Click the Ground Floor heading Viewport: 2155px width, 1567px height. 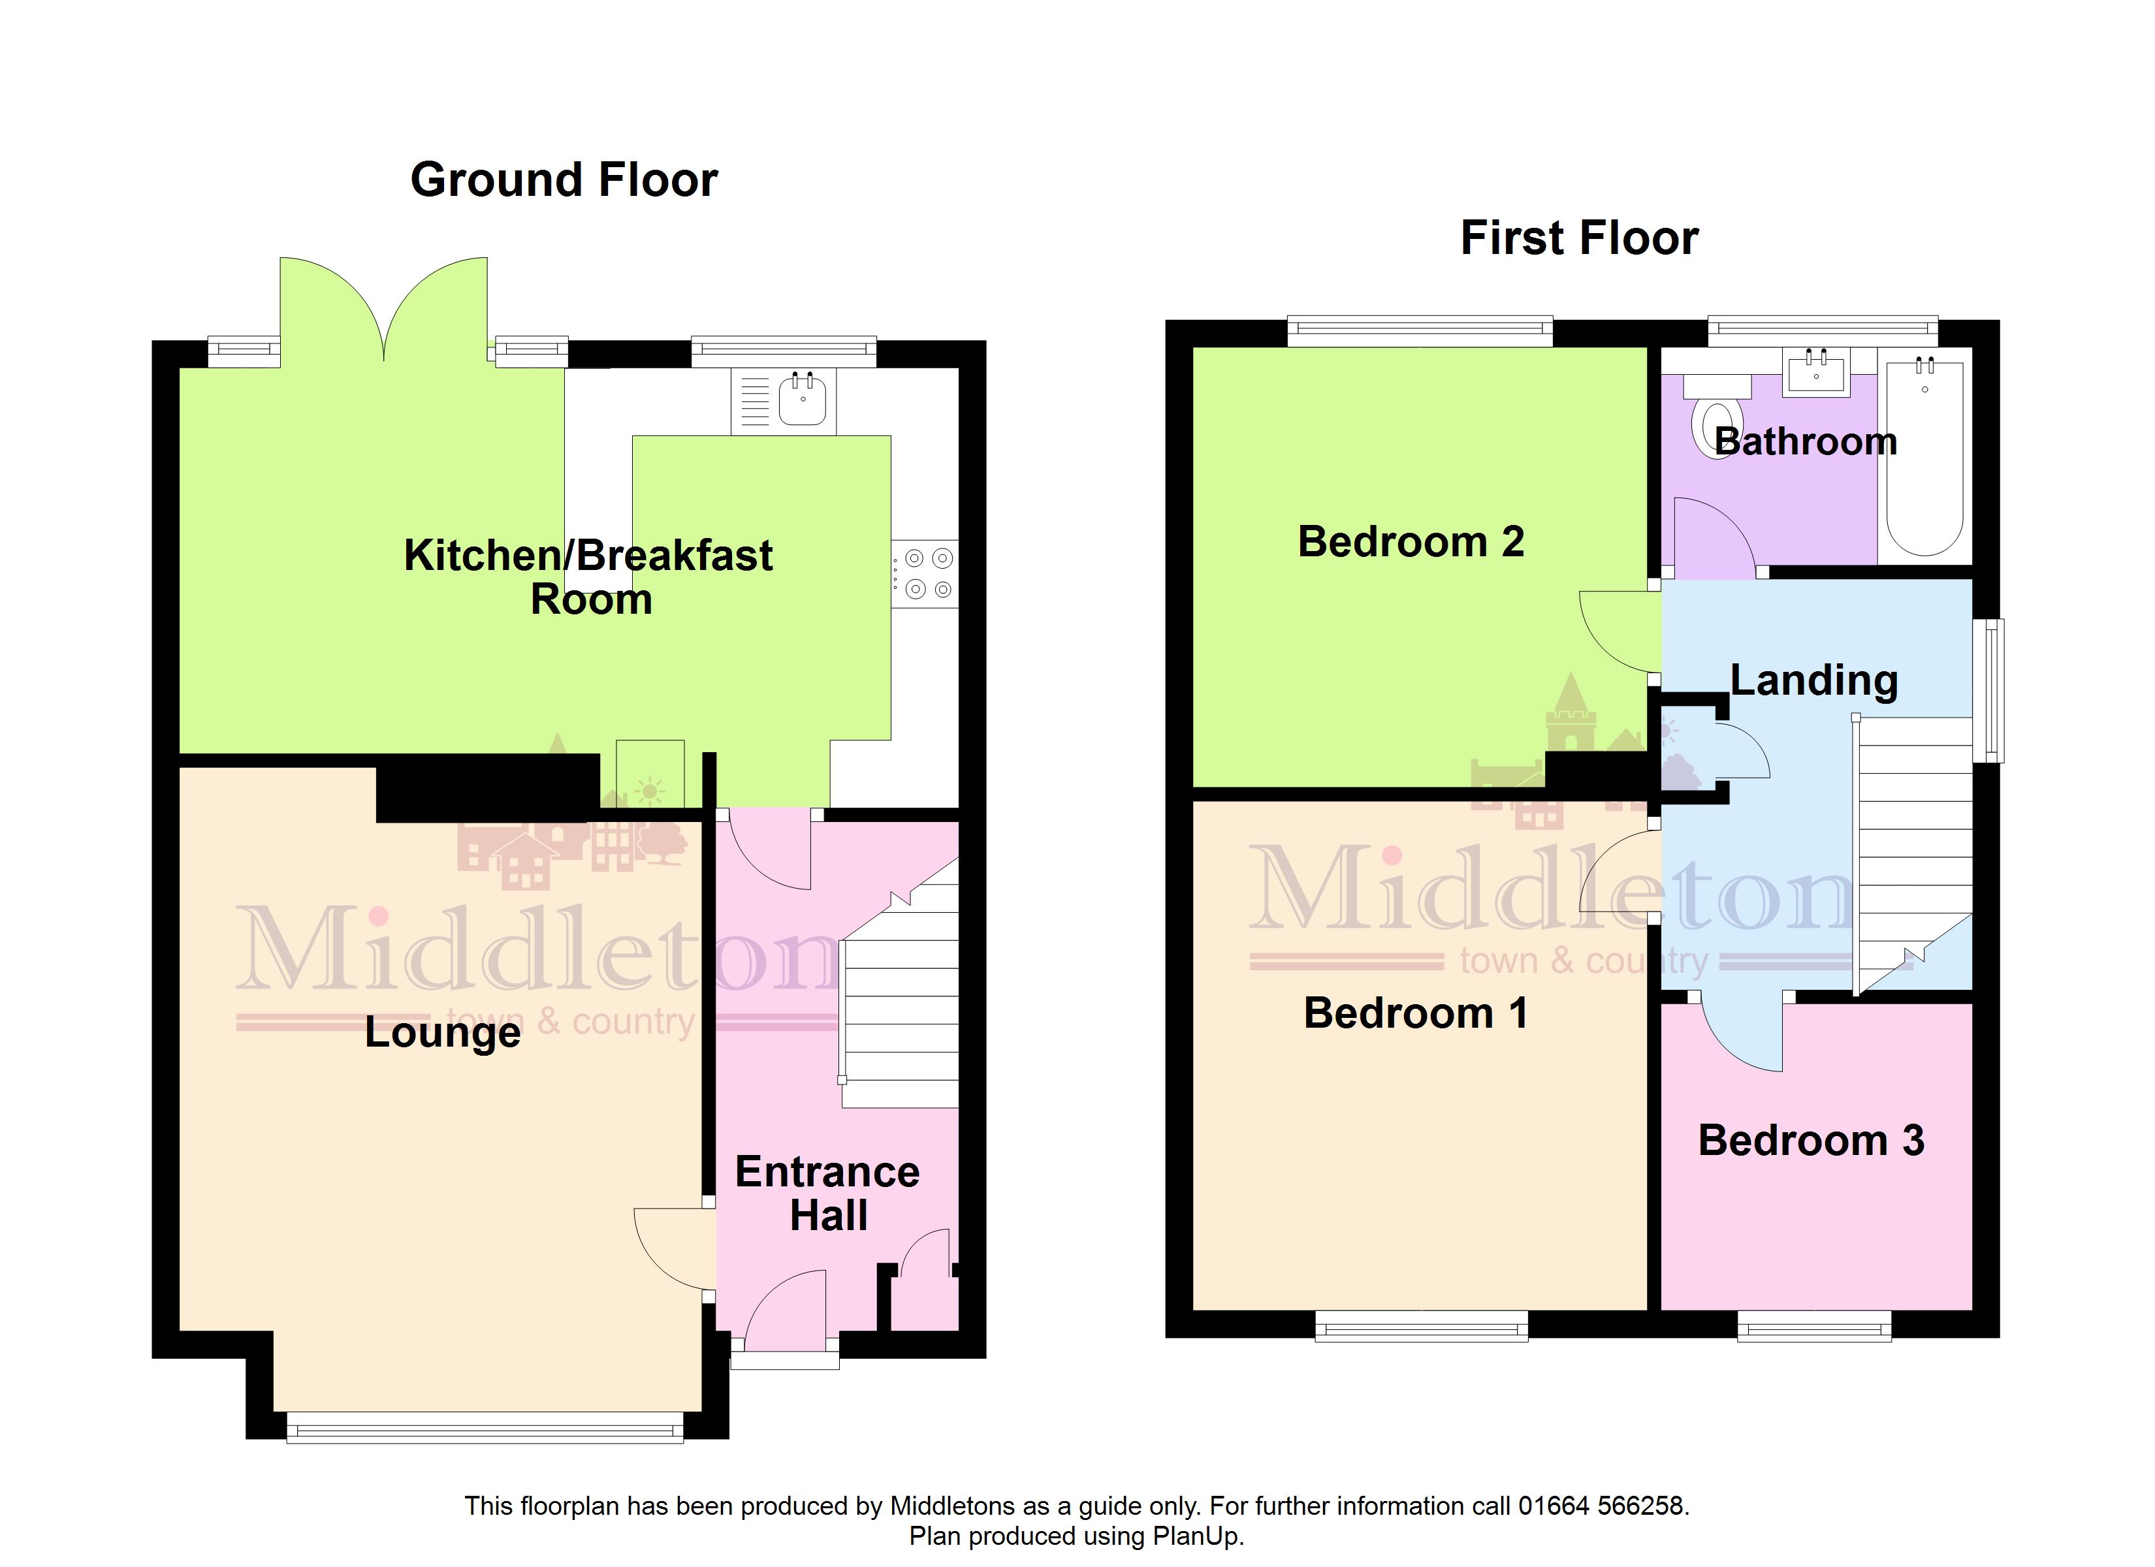click(x=564, y=180)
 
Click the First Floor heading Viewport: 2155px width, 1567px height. click(x=1579, y=238)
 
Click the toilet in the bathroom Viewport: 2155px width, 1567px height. click(x=1718, y=417)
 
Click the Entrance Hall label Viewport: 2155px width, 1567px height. click(x=827, y=1194)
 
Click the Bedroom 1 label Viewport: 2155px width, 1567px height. click(x=1416, y=1013)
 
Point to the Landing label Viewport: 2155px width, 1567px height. click(x=1814, y=680)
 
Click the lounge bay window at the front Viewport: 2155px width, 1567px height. click(x=485, y=1427)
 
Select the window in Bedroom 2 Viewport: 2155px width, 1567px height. click(x=1420, y=330)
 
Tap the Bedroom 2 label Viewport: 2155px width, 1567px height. click(x=1411, y=542)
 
